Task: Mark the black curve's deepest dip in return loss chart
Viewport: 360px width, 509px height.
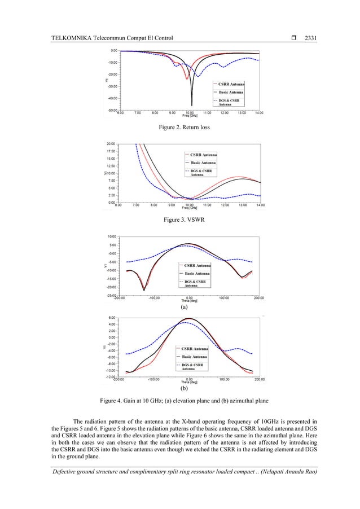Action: coord(192,105)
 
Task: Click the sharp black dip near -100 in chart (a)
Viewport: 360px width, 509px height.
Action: coord(144,289)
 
